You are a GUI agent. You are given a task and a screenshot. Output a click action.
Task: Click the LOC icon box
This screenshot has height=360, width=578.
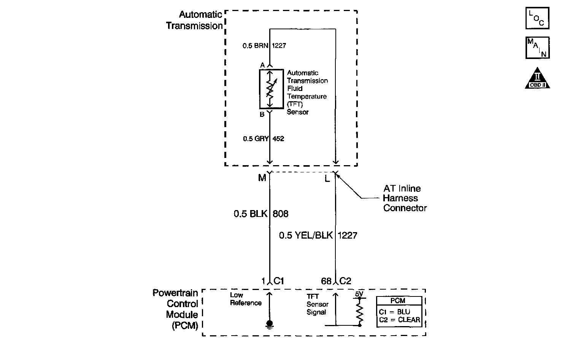click(x=537, y=18)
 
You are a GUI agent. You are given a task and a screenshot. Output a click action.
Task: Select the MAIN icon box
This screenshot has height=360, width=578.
click(x=537, y=48)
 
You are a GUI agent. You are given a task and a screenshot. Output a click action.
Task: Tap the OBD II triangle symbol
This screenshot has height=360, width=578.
click(x=537, y=79)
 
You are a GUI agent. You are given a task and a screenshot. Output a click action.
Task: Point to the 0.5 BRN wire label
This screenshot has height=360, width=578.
click(x=256, y=46)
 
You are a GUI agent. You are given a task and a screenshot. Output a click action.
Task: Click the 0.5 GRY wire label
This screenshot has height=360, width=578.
click(x=256, y=139)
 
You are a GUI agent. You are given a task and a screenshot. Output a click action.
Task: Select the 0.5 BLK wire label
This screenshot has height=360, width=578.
click(x=250, y=214)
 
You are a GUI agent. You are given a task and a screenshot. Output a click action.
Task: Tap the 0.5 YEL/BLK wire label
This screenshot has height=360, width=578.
click(x=306, y=236)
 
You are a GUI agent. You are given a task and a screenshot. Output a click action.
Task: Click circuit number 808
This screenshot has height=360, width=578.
click(x=281, y=214)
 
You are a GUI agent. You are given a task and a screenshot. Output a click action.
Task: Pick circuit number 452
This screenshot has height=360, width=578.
click(x=278, y=139)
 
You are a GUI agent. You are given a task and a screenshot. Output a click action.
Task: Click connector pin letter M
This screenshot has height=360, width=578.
click(x=262, y=178)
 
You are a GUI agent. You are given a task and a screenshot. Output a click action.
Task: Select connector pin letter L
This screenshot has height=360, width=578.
click(x=327, y=178)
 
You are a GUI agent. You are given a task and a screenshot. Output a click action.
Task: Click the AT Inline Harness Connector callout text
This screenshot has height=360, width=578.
click(x=405, y=198)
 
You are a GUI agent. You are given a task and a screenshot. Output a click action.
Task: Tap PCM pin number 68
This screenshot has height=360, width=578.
click(x=326, y=281)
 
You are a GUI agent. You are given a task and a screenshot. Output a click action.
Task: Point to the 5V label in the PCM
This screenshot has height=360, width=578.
click(x=359, y=294)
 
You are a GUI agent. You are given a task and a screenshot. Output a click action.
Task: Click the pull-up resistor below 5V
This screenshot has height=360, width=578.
click(x=359, y=312)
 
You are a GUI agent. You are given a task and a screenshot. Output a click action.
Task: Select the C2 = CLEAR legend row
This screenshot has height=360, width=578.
click(x=399, y=320)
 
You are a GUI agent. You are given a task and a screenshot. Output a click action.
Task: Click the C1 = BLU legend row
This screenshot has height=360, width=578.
click(x=394, y=312)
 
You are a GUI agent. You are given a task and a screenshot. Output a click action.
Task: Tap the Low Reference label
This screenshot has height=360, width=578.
click(x=246, y=299)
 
